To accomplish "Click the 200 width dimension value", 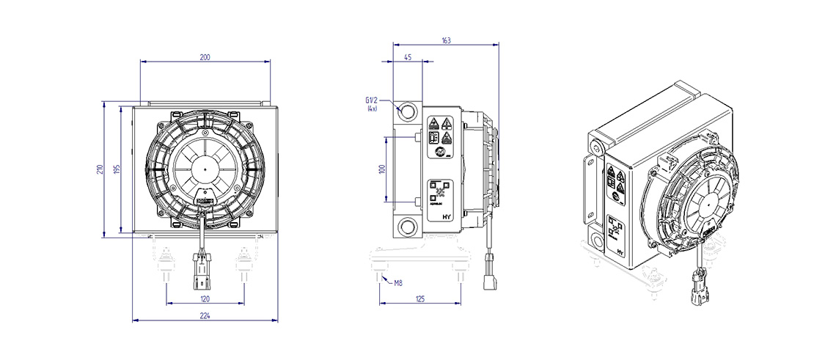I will point(205,57).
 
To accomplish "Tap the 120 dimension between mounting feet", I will point(205,298).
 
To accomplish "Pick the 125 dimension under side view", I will point(419,298).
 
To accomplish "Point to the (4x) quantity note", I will point(372,109).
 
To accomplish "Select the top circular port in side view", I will point(408,111).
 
